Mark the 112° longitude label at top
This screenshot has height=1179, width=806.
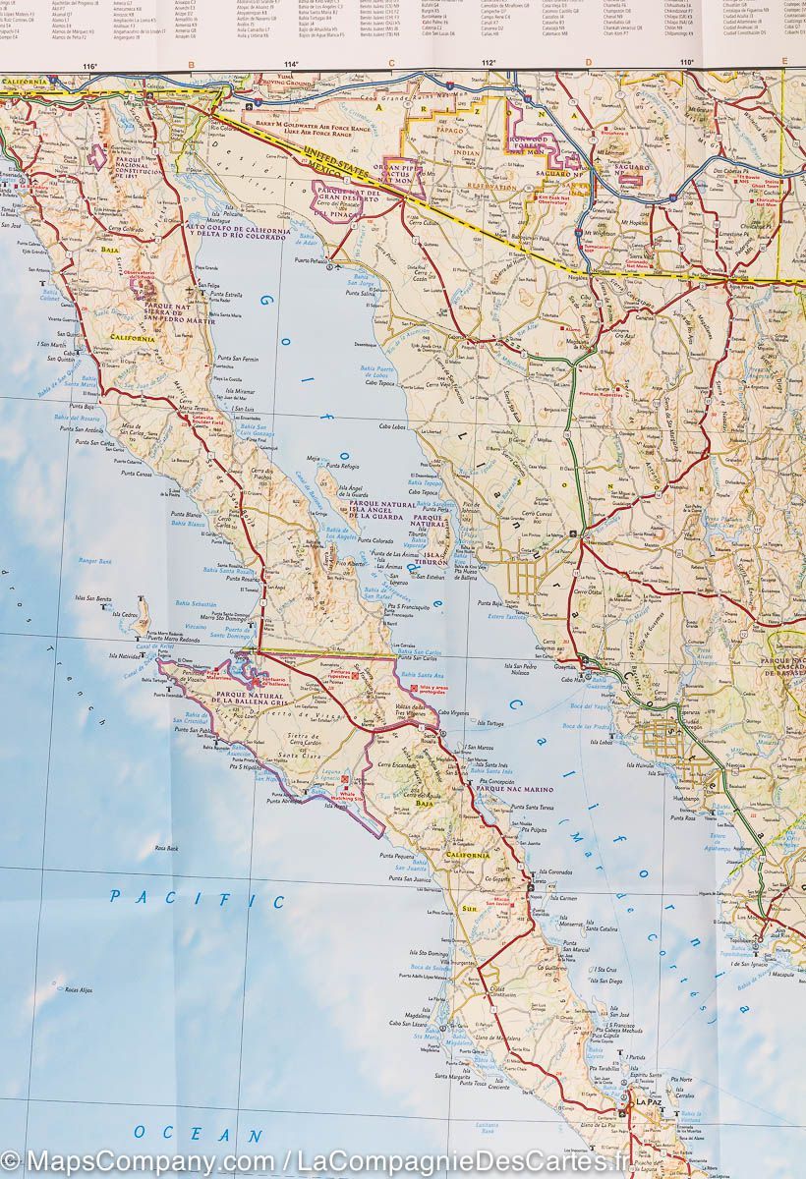489,64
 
